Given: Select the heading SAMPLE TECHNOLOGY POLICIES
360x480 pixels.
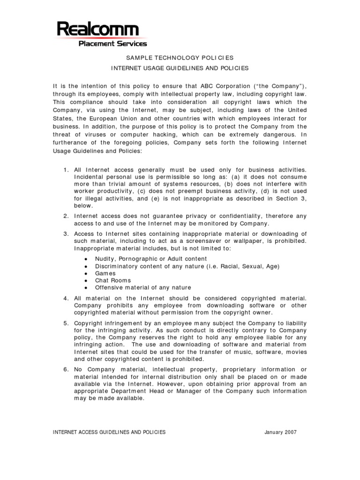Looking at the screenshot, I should pyautogui.click(x=180, y=58).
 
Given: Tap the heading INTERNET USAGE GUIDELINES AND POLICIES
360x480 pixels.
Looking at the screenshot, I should pyautogui.click(x=180, y=68).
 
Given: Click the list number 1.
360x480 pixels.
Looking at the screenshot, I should pyautogui.click(x=66, y=169).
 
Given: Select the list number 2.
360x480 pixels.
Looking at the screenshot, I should pyautogui.click(x=66, y=216).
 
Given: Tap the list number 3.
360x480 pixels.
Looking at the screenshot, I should pyautogui.click(x=66, y=234).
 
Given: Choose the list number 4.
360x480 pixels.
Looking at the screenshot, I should pyautogui.click(x=66, y=298).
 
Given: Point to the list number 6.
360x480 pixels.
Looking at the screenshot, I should pyautogui.click(x=66, y=369).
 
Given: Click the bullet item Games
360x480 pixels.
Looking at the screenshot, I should pyautogui.click(x=105, y=273).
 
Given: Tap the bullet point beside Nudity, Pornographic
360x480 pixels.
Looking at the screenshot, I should pyautogui.click(x=86, y=259).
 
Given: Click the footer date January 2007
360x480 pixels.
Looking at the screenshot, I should pyautogui.click(x=280, y=432).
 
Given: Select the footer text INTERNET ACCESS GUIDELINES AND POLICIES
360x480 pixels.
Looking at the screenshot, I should pyautogui.click(x=109, y=432).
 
